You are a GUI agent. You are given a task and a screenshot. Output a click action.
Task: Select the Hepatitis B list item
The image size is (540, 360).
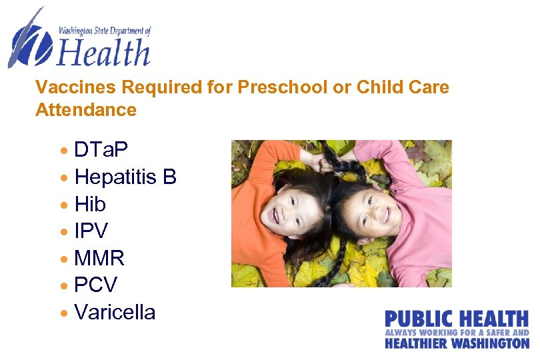point(125,177)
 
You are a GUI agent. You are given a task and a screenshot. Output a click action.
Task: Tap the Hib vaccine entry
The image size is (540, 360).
point(90,203)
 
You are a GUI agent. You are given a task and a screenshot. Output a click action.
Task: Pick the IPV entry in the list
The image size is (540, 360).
point(91,231)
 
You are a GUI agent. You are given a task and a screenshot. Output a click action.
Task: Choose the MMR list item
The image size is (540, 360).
point(99,258)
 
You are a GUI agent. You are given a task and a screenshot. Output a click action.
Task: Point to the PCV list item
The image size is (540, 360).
point(95,285)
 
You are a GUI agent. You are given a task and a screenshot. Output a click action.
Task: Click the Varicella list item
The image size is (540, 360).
point(115,312)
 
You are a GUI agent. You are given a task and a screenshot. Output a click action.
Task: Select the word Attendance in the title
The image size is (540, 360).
point(86,109)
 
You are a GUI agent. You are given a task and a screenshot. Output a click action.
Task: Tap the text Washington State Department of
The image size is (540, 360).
point(105,30)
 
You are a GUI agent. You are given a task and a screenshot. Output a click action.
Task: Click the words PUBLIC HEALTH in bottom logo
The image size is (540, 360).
point(457,319)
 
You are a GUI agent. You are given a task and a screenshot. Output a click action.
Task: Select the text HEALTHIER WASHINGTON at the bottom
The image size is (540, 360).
point(457,343)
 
